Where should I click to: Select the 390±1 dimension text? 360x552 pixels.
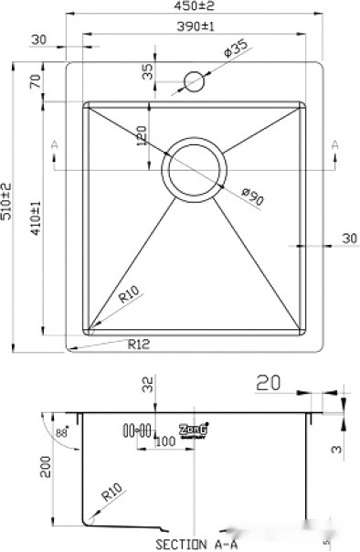point(194,27)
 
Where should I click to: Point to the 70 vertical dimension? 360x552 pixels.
point(35,82)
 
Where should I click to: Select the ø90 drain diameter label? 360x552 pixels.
point(252,194)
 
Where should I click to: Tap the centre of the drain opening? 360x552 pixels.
point(194,166)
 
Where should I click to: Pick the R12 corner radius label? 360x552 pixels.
point(139,345)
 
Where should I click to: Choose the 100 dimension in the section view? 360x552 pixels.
point(164,442)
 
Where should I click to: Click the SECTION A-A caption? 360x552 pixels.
point(196,543)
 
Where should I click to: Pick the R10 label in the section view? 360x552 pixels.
point(111,497)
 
